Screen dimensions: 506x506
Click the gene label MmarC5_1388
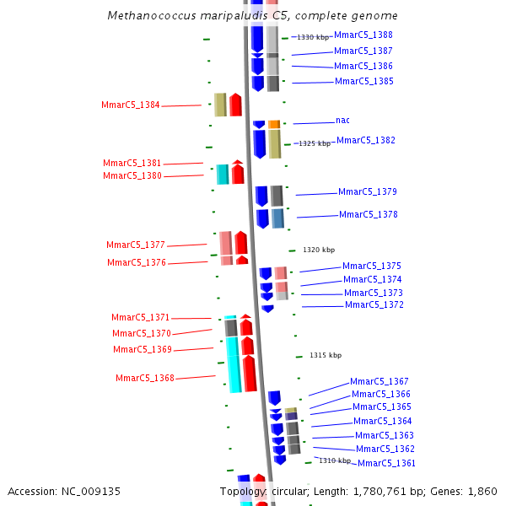point(363,35)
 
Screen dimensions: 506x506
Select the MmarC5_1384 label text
point(130,105)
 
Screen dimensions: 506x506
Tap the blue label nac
point(342,121)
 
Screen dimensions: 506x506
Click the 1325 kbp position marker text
point(314,143)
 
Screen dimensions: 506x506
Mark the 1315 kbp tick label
point(325,355)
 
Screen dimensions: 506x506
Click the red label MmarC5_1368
point(144,378)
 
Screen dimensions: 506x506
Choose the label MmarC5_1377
point(135,245)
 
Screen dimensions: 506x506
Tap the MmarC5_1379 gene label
point(367,192)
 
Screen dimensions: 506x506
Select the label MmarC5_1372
point(374,304)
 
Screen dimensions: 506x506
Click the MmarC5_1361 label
point(386,463)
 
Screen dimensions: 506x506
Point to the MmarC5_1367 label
point(379,381)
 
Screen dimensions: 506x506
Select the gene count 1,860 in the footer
point(482,491)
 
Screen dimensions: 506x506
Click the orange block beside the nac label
point(274,124)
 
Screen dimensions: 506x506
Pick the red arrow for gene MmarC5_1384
point(235,105)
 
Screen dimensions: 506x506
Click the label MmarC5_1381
point(132,163)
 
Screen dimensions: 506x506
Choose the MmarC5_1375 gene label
point(371,266)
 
